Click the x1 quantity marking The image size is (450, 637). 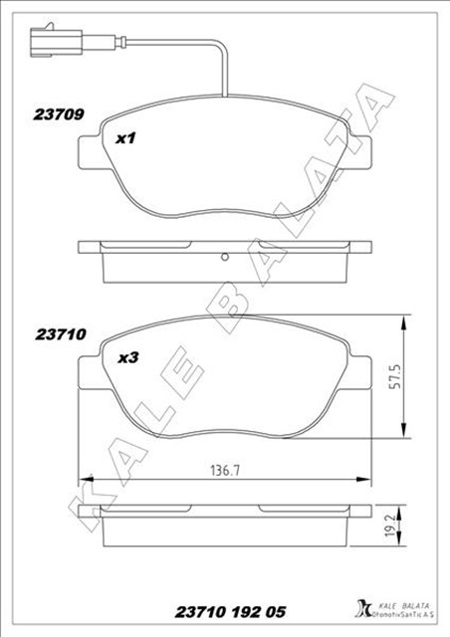pyautogui.click(x=125, y=138)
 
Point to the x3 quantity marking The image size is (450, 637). pyautogui.click(x=126, y=359)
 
